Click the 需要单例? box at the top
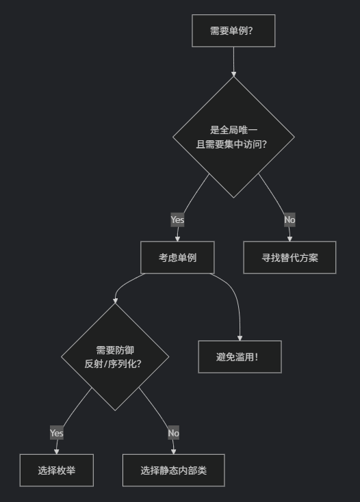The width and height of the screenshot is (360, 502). [233, 31]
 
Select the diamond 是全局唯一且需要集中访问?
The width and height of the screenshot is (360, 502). [233, 137]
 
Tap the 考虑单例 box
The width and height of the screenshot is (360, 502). [177, 257]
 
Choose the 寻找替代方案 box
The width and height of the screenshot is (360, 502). [290, 257]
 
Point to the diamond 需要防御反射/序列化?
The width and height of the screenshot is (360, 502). [115, 356]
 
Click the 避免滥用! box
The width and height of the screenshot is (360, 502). [240, 356]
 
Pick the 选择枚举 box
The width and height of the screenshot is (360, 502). [57, 471]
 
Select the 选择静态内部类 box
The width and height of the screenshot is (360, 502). [174, 471]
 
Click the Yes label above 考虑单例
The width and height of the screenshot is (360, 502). [177, 220]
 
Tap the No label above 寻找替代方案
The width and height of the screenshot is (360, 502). [290, 220]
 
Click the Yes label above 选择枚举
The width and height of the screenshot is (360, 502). [57, 433]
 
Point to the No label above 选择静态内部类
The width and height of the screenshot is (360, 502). [174, 433]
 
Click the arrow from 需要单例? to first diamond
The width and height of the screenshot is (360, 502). [233, 62]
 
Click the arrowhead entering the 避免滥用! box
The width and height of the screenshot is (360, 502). [240, 339]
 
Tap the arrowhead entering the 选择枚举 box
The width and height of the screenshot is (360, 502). [57, 452]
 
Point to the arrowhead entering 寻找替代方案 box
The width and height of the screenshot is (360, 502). [290, 239]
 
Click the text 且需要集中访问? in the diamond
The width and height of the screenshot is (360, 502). [231, 144]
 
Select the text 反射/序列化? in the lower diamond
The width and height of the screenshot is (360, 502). [113, 364]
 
